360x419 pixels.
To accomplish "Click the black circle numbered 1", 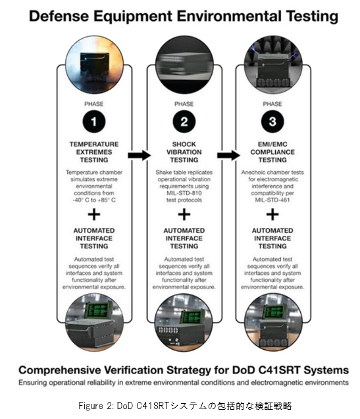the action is (94, 122).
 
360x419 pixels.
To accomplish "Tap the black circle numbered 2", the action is (184, 122).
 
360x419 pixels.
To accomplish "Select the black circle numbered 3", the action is (272, 122).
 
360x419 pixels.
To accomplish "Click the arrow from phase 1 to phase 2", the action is (140, 155).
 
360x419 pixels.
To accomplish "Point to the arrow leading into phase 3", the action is (229, 155).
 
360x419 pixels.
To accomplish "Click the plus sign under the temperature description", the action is (94, 215).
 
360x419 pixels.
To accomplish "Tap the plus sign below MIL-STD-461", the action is (272, 215).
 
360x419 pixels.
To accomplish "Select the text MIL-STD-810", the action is (184, 193).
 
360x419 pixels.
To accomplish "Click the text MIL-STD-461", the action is (272, 200).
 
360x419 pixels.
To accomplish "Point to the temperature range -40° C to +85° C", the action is (94, 200).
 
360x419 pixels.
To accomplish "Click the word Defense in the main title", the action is (59, 16).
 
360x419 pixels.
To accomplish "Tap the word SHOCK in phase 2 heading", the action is (184, 144).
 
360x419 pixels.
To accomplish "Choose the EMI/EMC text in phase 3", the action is (272, 144).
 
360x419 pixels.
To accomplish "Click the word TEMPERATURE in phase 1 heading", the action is (94, 144).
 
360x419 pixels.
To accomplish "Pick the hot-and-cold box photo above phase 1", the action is (95, 65).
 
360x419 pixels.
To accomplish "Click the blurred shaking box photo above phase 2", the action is (184, 65).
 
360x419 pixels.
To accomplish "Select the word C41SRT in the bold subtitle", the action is (280, 370).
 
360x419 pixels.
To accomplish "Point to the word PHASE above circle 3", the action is (272, 104).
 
